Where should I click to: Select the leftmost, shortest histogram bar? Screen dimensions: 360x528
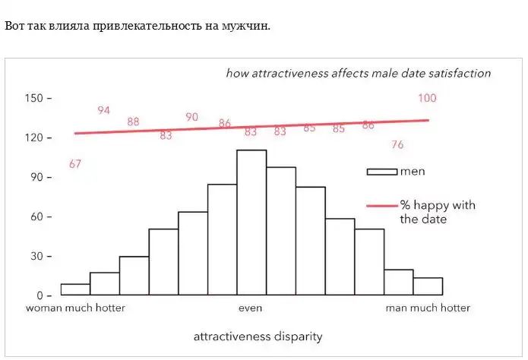tap(75, 289)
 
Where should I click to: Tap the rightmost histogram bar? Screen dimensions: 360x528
tap(428, 286)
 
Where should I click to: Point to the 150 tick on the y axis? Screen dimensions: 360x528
tap(37, 98)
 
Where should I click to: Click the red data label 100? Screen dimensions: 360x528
tap(427, 98)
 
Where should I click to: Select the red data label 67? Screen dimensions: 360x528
tap(75, 163)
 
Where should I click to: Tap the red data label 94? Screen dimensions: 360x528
tap(104, 111)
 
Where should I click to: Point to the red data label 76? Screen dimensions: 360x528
tap(397, 145)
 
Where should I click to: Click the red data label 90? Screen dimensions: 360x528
tap(192, 117)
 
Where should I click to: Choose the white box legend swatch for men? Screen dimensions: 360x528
tap(382, 172)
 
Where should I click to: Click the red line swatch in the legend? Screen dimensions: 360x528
tap(382, 205)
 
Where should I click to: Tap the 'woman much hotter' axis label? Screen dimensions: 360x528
tap(75, 308)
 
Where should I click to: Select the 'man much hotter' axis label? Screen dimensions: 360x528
tap(428, 308)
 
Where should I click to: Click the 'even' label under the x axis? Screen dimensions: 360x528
tap(251, 308)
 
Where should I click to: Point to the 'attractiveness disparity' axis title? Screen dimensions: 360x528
tap(258, 336)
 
